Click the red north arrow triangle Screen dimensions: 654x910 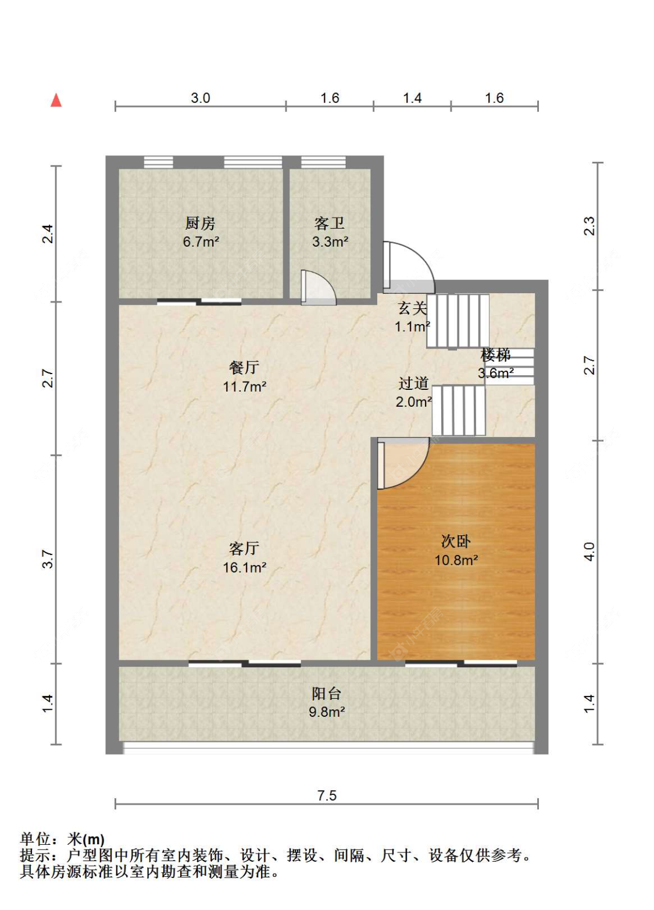tap(56, 100)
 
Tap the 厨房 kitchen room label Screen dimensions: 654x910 tap(200, 223)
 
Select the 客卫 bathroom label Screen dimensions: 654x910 tap(329, 223)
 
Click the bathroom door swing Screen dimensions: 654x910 tap(318, 287)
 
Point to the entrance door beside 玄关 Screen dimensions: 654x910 tap(408, 267)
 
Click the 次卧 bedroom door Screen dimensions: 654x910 tap(403, 463)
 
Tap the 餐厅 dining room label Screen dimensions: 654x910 tap(244, 368)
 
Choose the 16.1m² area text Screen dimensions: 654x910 tap(244, 567)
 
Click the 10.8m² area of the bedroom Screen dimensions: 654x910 tap(456, 560)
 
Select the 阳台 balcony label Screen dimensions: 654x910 tap(326, 694)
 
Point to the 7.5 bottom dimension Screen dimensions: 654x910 tap(327, 795)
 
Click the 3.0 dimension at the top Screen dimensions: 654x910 tap(200, 98)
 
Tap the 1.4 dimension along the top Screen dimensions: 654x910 tap(412, 98)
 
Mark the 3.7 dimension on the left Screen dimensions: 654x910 tap(48, 559)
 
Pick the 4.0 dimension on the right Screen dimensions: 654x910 tap(589, 552)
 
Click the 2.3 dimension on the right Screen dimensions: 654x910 tap(589, 226)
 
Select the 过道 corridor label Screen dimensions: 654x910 tap(413, 383)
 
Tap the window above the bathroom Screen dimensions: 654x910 tap(324, 162)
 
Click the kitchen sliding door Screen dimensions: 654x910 tap(199, 301)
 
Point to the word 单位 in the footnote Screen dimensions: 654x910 tap(35, 840)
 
